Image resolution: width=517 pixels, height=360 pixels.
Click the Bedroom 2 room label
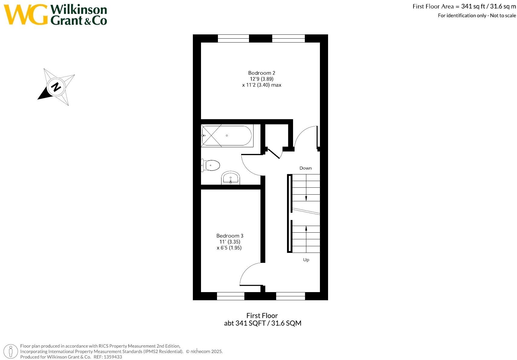pos(261,73)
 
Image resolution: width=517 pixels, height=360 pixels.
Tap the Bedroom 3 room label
pos(230,236)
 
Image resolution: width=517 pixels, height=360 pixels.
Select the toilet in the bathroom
pos(211,165)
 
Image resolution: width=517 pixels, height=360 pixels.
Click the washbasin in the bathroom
pos(231,178)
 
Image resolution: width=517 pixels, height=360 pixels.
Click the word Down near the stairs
pos(305,168)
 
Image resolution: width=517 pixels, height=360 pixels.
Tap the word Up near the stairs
pos(306,260)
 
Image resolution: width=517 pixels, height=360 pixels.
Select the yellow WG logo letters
pos(26,14)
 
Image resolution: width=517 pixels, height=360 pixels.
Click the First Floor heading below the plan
pos(262,316)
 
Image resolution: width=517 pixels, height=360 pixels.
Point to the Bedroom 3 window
pos(231,296)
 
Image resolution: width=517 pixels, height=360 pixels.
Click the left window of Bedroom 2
pos(233,38)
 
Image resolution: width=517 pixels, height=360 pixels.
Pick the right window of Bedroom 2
pos(289,38)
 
